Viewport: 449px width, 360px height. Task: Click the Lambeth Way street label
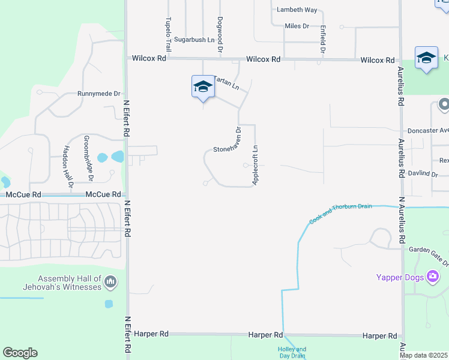(296, 10)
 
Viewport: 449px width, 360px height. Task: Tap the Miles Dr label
(297, 26)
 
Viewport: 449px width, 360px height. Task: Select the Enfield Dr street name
(323, 40)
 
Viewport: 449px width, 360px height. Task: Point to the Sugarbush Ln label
(194, 40)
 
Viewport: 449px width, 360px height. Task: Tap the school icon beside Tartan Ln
(203, 87)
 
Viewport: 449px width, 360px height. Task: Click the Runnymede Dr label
(99, 94)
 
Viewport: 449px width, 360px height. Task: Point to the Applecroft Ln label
(255, 165)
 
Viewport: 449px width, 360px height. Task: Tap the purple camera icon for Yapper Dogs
(433, 277)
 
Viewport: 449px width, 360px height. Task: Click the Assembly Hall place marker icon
(110, 281)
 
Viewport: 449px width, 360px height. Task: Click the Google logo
(20, 353)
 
